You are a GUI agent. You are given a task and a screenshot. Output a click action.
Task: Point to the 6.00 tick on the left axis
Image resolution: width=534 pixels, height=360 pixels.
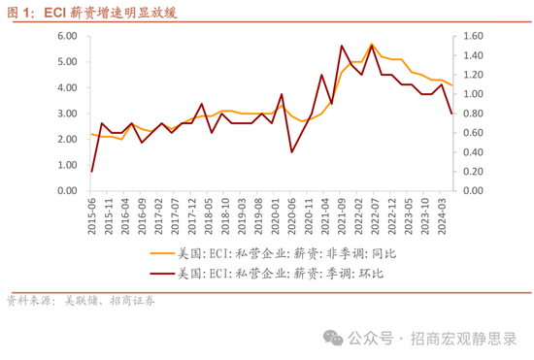point(66,36)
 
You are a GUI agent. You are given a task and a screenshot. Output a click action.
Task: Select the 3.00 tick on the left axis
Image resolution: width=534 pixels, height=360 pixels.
point(66,114)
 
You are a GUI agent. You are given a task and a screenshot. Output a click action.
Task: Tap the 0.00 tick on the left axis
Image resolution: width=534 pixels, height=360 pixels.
point(66,191)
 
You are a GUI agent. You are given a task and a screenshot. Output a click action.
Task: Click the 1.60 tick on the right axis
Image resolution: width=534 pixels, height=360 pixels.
point(473,36)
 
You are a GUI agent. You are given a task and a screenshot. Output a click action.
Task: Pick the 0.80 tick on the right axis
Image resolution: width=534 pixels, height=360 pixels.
point(473,114)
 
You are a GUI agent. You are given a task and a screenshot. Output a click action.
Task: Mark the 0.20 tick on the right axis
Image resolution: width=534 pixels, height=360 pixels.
point(473,172)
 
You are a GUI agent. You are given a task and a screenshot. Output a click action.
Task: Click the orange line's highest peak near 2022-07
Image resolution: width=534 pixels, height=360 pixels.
point(371,44)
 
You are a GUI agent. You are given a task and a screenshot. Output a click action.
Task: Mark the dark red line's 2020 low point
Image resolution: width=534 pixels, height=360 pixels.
point(291,152)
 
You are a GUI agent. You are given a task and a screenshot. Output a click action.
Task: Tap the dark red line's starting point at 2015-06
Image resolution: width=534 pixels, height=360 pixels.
point(92,172)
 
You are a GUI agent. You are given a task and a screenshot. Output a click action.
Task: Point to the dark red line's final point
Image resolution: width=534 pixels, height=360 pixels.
point(451,114)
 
